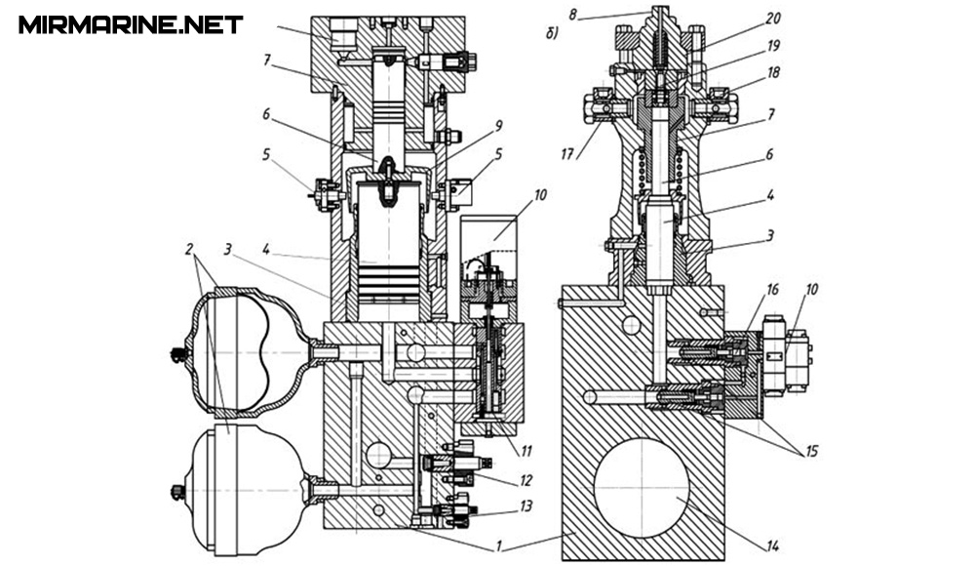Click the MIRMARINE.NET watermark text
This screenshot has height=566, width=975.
coord(131,25)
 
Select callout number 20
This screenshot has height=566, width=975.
coord(773,19)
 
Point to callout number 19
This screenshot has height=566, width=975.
coord(773,46)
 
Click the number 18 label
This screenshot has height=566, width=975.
coord(773,73)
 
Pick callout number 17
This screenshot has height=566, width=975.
coord(566,154)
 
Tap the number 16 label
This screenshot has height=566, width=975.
coord(772,290)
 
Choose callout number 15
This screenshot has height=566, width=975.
coord(811,451)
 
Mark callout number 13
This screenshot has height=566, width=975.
coord(526,505)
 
